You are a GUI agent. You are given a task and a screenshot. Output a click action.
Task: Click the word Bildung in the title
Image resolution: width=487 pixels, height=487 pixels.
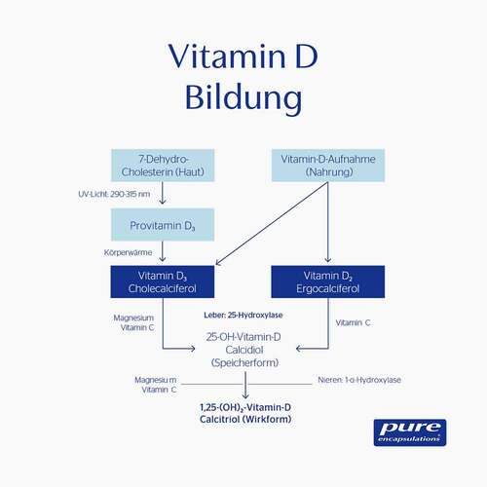(x=243, y=99)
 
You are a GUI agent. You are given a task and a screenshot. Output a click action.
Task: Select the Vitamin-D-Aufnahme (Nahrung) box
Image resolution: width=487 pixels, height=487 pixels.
(x=326, y=165)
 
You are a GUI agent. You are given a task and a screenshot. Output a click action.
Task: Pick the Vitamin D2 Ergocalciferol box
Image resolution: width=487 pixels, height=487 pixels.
(x=326, y=281)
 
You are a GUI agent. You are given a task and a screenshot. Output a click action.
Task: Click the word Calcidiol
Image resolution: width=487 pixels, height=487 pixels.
(x=243, y=349)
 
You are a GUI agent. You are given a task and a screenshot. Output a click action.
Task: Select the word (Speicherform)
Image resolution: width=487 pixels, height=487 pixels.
(x=243, y=361)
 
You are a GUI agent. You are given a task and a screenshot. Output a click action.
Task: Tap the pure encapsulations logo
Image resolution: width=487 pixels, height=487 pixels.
(x=409, y=431)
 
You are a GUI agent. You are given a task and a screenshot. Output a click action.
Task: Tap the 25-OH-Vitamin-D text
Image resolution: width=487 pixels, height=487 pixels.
(x=243, y=336)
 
